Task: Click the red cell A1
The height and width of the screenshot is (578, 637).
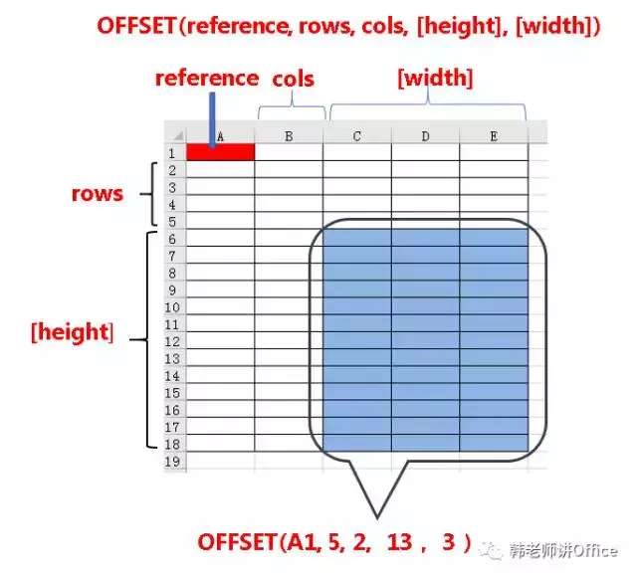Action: coord(221,152)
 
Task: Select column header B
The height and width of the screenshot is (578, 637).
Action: coord(289,136)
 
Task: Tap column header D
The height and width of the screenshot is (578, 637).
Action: coord(425,136)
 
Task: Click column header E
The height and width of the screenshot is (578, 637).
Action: coord(494,136)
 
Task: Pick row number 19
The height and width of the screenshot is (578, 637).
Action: coord(172,462)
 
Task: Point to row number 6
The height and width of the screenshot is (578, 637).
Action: coord(172,239)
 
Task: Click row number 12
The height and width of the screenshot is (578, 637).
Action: coord(172,341)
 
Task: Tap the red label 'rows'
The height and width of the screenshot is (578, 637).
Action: coord(98,194)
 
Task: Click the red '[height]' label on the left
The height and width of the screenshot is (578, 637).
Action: coord(73,332)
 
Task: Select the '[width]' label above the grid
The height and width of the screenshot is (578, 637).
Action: coord(436,78)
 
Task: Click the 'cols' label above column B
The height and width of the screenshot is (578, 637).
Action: coord(293,79)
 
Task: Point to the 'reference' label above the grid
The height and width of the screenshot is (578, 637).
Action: coord(207,78)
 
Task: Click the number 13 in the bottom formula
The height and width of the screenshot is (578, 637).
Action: coord(399,541)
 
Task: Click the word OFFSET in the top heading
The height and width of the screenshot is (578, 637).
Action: coord(135,26)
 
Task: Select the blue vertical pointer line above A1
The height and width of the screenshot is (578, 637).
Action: coord(212,119)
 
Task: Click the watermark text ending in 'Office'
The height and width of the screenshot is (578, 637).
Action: coord(563,551)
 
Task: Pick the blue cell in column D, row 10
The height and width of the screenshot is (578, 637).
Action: coord(425,306)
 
